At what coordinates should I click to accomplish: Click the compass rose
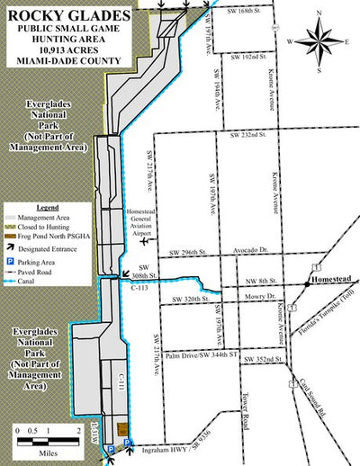pyautogui.click(x=319, y=38)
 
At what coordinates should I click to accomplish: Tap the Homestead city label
pyautogui.click(x=331, y=280)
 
